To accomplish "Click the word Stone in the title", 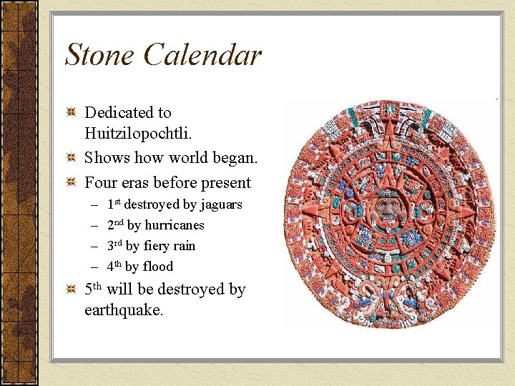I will (99, 55).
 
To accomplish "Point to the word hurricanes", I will (175, 225).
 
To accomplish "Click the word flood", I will (157, 267).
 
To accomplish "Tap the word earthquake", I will (124, 310).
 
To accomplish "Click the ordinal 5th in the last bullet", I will (93, 289).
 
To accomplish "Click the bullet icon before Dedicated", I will (70, 113).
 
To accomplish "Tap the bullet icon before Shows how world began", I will (70, 157).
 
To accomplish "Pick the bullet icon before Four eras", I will (70, 182).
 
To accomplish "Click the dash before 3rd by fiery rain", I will (93, 246).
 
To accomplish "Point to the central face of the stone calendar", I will (387, 207).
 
